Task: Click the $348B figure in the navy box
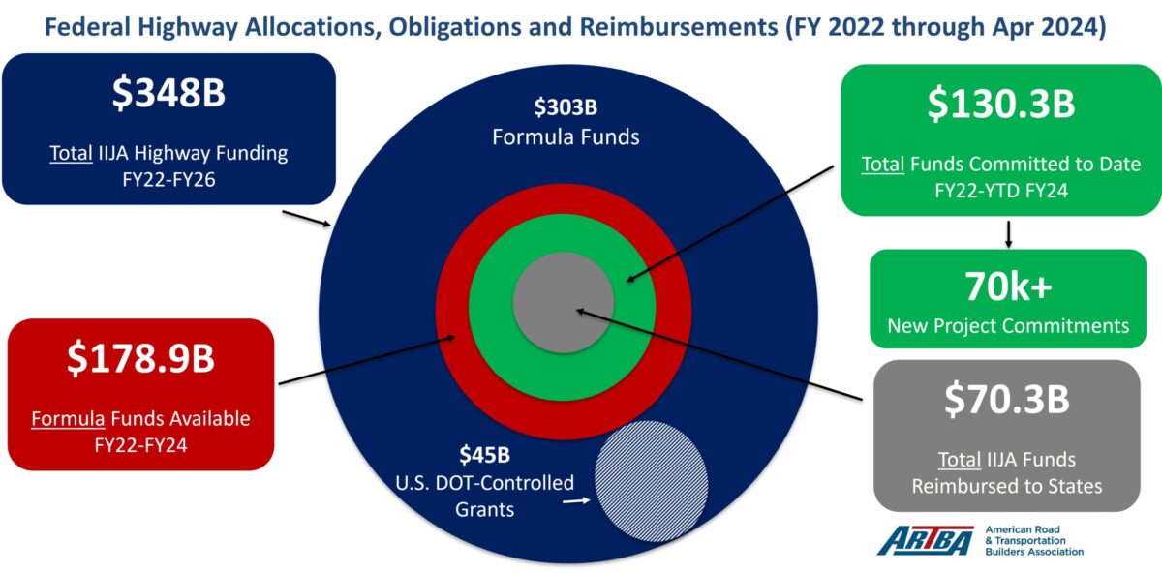(x=168, y=93)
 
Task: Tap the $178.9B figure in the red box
(x=140, y=358)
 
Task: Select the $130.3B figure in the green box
(x=1001, y=104)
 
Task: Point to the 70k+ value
(x=1008, y=286)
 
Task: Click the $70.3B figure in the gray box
(x=1007, y=400)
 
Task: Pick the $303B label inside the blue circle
(x=566, y=107)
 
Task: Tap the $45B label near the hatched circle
(x=484, y=455)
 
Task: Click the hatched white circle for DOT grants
(x=651, y=481)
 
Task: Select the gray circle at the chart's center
(x=564, y=303)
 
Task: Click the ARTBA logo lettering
(x=926, y=541)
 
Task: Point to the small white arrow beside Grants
(x=576, y=501)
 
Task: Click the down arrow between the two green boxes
(x=1008, y=234)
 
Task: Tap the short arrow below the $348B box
(x=307, y=219)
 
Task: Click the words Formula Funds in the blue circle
(x=566, y=136)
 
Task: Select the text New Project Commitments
(x=1008, y=325)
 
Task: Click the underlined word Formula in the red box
(x=68, y=418)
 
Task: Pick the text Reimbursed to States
(x=1007, y=487)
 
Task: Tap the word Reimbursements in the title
(x=678, y=27)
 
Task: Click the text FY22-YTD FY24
(x=1001, y=191)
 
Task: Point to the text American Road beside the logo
(x=1023, y=529)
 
